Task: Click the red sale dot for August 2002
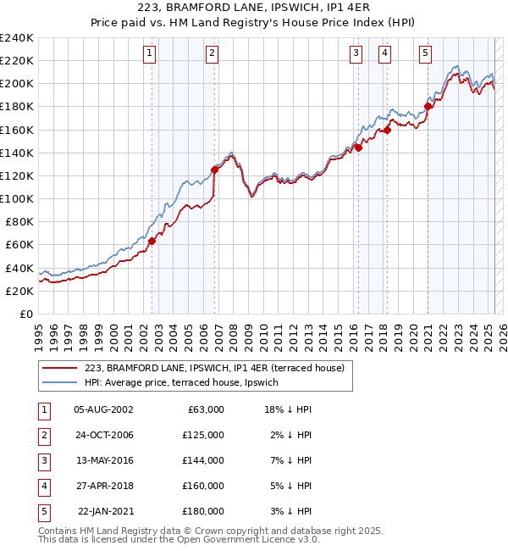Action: (152, 241)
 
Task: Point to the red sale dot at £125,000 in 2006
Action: (215, 170)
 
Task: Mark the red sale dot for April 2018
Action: (387, 130)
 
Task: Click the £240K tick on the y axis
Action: (16, 38)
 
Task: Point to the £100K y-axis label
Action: (16, 198)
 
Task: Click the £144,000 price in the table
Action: (203, 460)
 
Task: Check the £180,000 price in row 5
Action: (203, 511)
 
